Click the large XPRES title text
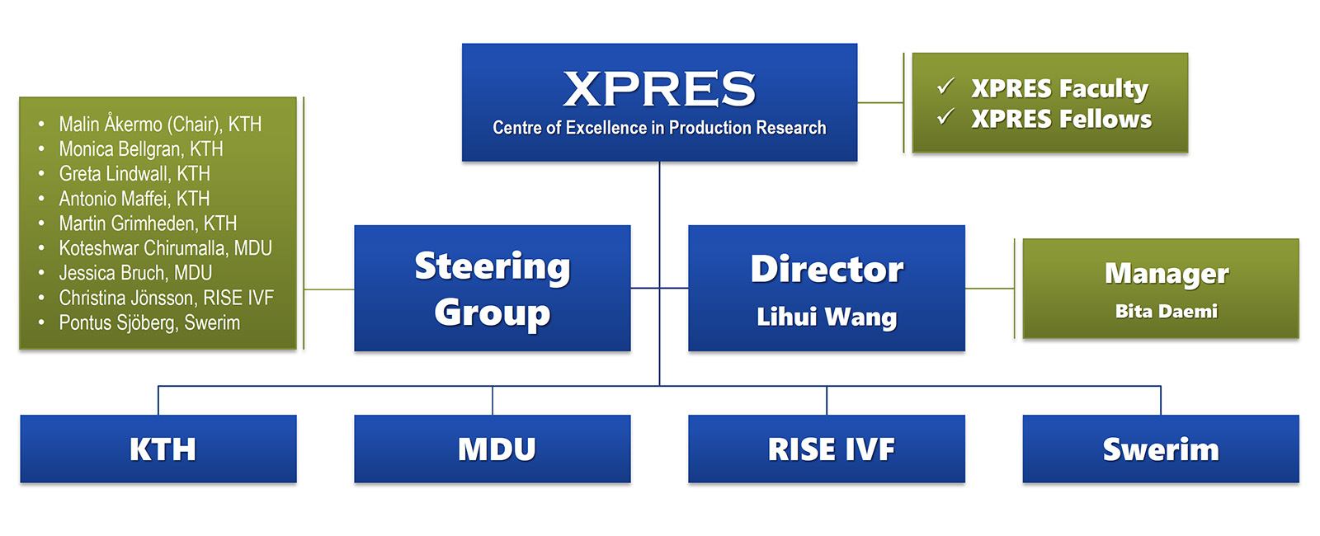(659, 89)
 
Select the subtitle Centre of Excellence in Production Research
(659, 128)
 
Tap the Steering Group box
(493, 289)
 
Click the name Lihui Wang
(827, 317)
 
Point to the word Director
(827, 269)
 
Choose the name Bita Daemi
(1166, 312)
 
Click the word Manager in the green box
(1166, 273)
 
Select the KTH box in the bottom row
(162, 449)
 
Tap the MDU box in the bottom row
(496, 449)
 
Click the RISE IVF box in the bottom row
(831, 449)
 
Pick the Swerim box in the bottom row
(1161, 449)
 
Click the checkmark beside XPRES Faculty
(945, 86)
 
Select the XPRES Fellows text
(1061, 119)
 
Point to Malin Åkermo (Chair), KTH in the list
(160, 125)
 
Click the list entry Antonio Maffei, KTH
(134, 199)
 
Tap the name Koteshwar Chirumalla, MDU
(165, 248)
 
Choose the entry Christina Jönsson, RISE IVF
(166, 298)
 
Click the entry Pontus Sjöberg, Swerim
(149, 322)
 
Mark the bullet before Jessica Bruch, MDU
(41, 273)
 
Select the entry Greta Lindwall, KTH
(134, 174)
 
